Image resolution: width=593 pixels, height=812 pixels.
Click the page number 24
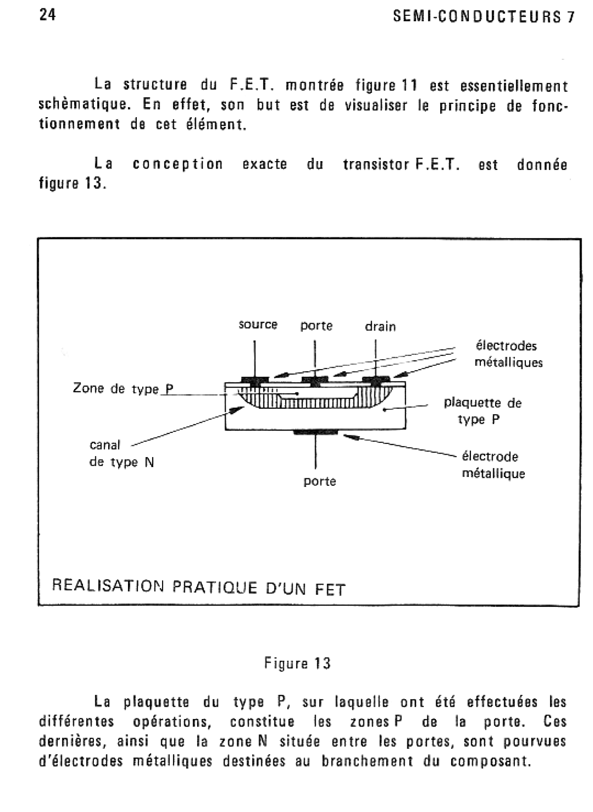pyautogui.click(x=47, y=15)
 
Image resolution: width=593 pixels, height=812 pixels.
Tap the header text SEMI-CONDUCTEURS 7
pyautogui.click(x=484, y=17)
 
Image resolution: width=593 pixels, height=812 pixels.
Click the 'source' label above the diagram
pyautogui.click(x=257, y=325)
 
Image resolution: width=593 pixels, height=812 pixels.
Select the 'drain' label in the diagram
pyautogui.click(x=380, y=327)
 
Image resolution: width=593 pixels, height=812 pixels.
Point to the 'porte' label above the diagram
pyautogui.click(x=316, y=326)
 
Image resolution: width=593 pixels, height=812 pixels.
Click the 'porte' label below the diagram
pyautogui.click(x=320, y=481)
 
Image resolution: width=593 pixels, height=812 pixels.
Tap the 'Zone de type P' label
pyautogui.click(x=123, y=388)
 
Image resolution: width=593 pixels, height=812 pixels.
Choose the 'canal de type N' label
pyautogui.click(x=122, y=454)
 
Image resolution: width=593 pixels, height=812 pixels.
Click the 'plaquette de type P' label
pyautogui.click(x=482, y=411)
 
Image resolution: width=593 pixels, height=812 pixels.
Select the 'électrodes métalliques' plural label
pyautogui.click(x=508, y=354)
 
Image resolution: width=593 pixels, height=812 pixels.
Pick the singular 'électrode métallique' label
pyautogui.click(x=493, y=465)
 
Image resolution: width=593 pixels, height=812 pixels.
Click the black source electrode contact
pyautogui.click(x=254, y=380)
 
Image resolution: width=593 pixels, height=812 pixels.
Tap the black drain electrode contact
pyautogui.click(x=376, y=380)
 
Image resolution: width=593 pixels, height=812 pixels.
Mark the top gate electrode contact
pyautogui.click(x=315, y=380)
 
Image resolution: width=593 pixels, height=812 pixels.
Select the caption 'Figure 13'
pyautogui.click(x=297, y=663)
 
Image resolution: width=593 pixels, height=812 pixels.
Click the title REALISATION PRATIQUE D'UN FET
pyautogui.click(x=199, y=587)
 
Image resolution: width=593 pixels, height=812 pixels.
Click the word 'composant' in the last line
pyautogui.click(x=490, y=761)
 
